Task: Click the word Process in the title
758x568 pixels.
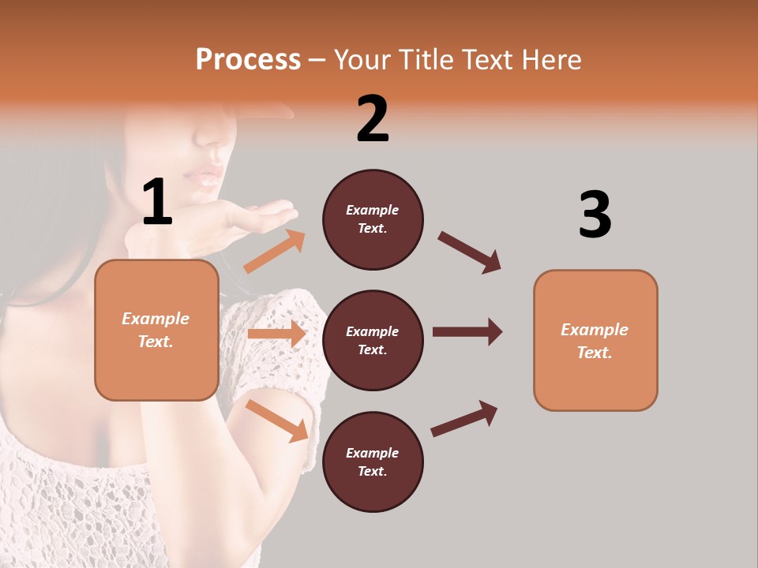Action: (x=248, y=60)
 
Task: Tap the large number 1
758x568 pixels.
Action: (x=156, y=203)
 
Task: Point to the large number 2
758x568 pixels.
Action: (x=372, y=119)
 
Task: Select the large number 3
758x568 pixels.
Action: (x=595, y=215)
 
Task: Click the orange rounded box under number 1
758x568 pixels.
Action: (x=156, y=330)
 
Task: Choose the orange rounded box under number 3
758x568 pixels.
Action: (x=595, y=341)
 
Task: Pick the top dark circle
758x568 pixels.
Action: (x=373, y=219)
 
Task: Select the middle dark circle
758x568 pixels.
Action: (x=373, y=341)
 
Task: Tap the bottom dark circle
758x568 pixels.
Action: (x=373, y=462)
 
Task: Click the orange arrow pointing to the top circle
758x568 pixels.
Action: (x=274, y=252)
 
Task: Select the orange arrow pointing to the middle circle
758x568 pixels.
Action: (x=276, y=334)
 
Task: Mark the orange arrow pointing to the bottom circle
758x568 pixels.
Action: (x=276, y=420)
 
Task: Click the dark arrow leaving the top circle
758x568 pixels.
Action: (x=469, y=252)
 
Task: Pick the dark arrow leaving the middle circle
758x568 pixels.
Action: (x=467, y=331)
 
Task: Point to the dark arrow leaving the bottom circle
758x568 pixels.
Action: (x=464, y=418)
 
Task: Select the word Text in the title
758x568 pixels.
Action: (x=485, y=60)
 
